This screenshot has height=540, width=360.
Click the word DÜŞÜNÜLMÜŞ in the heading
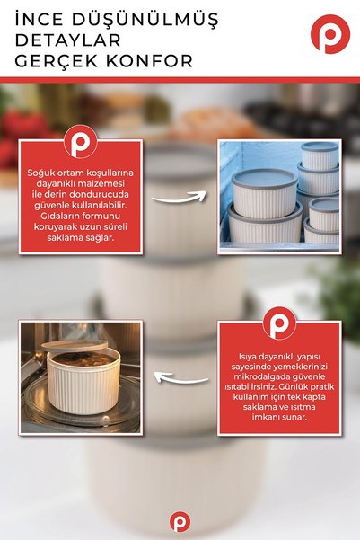[x=145, y=20]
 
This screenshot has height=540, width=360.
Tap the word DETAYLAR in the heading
[x=68, y=40]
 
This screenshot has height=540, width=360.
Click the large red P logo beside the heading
[x=330, y=34]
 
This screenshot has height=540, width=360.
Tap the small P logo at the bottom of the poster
[x=180, y=521]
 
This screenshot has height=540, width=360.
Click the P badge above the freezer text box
[x=81, y=142]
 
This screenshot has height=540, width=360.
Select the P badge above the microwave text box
[x=279, y=323]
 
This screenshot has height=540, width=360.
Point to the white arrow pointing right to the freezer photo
[x=179, y=198]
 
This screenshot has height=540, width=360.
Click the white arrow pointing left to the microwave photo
[x=181, y=377]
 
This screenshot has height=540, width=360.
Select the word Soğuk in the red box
[x=40, y=173]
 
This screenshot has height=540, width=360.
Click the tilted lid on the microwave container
[x=75, y=345]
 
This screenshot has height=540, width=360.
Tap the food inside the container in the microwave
[x=83, y=359]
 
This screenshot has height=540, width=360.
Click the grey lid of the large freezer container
[x=264, y=178]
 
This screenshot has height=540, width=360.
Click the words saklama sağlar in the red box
[x=81, y=237]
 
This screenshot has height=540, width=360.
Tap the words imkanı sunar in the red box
[x=279, y=417]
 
